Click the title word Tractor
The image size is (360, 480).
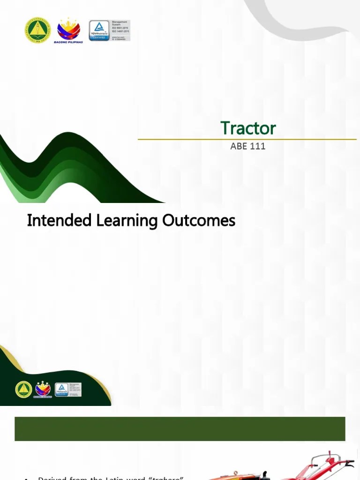tap(248, 128)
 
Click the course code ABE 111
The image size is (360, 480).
tap(248, 146)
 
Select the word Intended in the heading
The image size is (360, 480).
tap(59, 220)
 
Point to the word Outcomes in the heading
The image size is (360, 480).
tap(199, 220)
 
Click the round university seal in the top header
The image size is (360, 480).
tap(37, 30)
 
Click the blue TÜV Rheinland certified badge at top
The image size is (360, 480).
tap(99, 30)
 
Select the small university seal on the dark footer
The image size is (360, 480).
tap(23, 390)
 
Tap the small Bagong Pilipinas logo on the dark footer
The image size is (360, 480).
tap(43, 390)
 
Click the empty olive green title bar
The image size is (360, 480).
tap(180, 429)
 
